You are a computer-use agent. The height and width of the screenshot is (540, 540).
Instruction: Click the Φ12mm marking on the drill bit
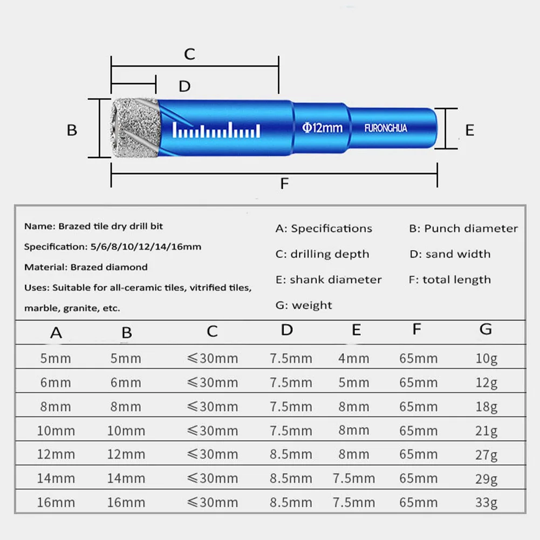[x=322, y=128]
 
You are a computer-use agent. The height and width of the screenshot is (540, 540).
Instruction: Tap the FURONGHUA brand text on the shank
[x=386, y=128]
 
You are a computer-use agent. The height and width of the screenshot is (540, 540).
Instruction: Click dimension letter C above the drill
[x=189, y=54]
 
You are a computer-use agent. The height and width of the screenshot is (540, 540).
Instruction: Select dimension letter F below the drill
[x=284, y=183]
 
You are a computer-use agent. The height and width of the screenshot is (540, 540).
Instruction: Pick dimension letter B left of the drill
[x=72, y=130]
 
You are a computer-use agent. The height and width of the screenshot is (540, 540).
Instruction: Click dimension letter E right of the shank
[x=469, y=130]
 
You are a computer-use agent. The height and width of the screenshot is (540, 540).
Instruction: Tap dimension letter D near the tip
[x=184, y=86]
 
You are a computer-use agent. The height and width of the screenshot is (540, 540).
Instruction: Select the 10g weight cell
[x=486, y=359]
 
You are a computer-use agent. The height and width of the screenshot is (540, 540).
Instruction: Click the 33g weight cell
[x=486, y=503]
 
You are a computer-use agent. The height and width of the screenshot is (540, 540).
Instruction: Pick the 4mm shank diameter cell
[x=354, y=359]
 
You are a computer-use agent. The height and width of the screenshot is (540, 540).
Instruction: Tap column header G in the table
[x=486, y=329]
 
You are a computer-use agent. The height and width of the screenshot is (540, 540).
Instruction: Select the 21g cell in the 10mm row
[x=486, y=431]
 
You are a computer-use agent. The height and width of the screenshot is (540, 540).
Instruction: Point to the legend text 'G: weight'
[x=304, y=305]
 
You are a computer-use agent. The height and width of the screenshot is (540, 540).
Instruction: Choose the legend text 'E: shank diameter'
[x=328, y=279]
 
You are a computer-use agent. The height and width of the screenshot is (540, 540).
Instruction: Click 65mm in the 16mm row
[x=418, y=503]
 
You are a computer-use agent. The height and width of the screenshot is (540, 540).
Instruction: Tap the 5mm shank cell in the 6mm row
[x=354, y=382]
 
